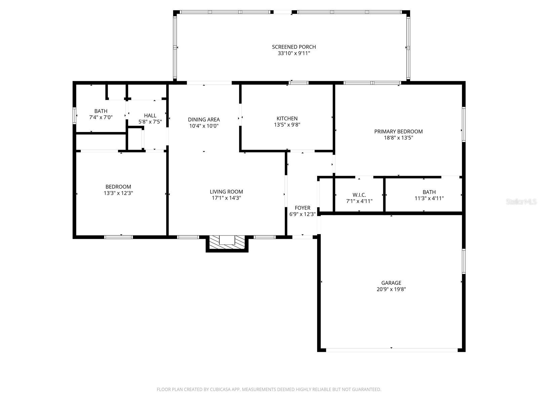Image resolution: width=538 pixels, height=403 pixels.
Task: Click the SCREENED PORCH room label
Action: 294,47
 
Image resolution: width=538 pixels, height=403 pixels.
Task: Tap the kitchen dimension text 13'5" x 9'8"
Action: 287,125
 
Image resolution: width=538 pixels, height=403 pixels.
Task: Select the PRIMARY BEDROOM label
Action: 398,131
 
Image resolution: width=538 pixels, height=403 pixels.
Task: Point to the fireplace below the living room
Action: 227,243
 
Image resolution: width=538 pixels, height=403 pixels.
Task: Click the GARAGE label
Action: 391,283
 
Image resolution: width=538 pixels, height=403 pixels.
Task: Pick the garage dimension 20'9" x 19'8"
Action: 391,289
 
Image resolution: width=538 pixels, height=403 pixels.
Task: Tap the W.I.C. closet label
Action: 359,195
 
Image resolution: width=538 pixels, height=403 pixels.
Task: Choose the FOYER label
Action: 302,208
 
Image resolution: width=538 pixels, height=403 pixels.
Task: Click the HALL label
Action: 150,116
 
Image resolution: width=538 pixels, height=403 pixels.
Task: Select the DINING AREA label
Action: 204,120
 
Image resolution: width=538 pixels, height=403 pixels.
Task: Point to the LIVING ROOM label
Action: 226,192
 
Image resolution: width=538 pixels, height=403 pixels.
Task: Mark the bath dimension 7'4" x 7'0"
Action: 101,118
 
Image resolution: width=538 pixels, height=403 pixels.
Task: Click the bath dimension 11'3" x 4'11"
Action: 429,198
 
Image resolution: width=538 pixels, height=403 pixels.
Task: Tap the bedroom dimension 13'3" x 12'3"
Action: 118,193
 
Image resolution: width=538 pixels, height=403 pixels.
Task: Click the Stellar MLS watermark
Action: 521,201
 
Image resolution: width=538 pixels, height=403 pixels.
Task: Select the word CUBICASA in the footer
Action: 219,389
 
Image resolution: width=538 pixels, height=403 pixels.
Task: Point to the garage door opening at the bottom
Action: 392,350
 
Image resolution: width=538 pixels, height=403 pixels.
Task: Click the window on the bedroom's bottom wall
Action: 118,237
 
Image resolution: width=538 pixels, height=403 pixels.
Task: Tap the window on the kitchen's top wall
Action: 298,83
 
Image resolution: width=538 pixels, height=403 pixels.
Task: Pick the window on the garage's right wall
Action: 463,261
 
